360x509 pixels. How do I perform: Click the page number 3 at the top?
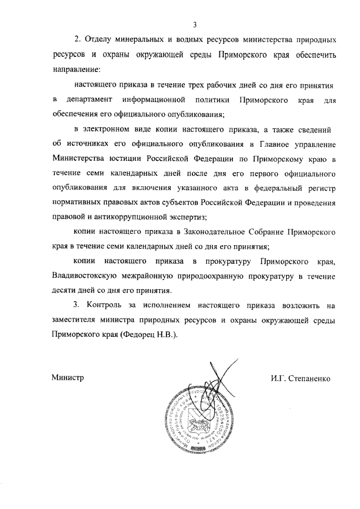click(x=195, y=24)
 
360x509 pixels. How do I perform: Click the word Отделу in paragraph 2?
click(x=104, y=41)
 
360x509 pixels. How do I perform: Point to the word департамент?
click(x=85, y=100)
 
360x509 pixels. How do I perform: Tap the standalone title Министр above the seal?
click(x=67, y=378)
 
